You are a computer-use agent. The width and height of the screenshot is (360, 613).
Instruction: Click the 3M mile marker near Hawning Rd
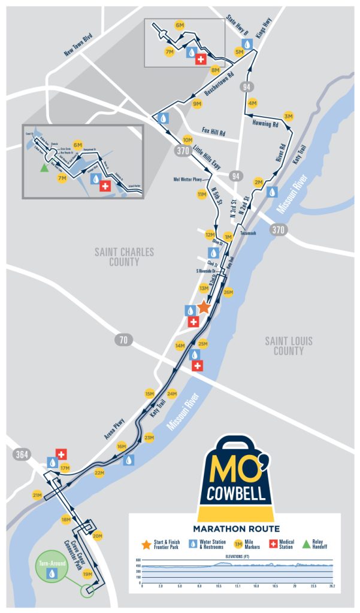pyautogui.click(x=289, y=116)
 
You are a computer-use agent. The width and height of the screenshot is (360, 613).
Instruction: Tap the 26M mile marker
pyautogui.click(x=228, y=292)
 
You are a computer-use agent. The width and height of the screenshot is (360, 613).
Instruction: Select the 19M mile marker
pyautogui.click(x=87, y=575)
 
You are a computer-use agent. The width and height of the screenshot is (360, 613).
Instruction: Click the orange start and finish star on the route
pyautogui.click(x=204, y=307)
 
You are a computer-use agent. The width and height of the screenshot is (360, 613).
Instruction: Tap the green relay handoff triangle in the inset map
pyautogui.click(x=43, y=169)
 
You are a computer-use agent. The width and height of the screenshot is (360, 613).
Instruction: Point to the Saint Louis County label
pyautogui.click(x=289, y=346)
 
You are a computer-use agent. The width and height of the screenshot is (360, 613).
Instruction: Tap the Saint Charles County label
pyautogui.click(x=125, y=257)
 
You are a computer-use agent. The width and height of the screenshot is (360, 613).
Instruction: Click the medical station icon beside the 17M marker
pyautogui.click(x=60, y=454)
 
